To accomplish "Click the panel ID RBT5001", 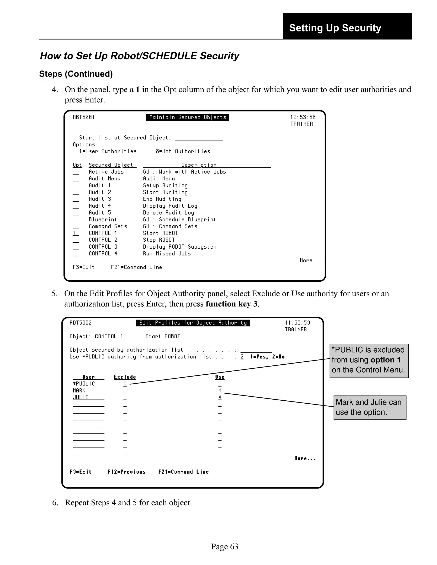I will [84, 117].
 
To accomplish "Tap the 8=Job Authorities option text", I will [183, 151].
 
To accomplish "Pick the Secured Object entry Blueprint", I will [102, 220].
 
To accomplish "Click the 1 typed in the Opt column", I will [74, 233].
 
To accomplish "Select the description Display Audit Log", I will [170, 206].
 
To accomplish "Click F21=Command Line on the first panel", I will [136, 267].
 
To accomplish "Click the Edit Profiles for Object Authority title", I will [193, 323].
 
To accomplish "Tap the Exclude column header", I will [125, 377].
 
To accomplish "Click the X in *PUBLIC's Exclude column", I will [125, 384].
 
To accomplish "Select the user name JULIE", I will [81, 397].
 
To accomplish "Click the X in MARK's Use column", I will [220, 391].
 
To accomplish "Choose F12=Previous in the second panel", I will [126, 472].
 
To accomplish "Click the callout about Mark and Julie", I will [370, 407].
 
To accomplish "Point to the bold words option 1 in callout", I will [386, 360].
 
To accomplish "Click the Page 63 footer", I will [224, 546].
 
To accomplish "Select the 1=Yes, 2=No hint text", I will [267, 357].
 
